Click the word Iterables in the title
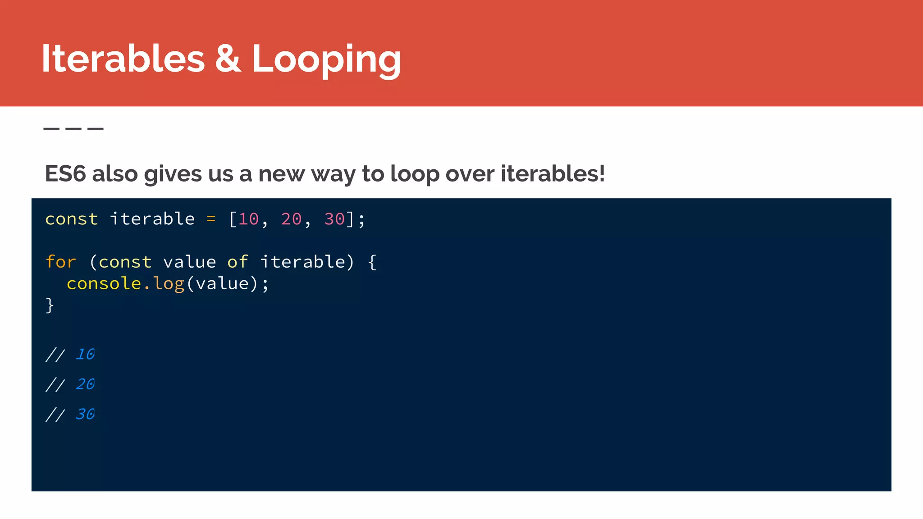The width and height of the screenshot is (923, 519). click(x=123, y=59)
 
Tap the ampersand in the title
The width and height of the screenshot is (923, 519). click(x=228, y=59)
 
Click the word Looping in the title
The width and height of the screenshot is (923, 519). click(x=326, y=59)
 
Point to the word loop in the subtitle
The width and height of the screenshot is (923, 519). click(x=414, y=174)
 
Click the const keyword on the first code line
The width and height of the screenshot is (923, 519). click(x=71, y=219)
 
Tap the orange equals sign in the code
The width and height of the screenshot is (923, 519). click(x=211, y=219)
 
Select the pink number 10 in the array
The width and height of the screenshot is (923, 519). click(x=248, y=219)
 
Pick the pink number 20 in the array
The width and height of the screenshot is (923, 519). click(x=291, y=219)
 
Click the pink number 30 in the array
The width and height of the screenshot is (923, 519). click(x=334, y=219)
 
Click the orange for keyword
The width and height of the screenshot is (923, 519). click(x=61, y=262)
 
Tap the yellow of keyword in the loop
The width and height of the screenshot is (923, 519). click(x=238, y=262)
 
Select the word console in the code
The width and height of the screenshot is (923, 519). click(x=104, y=283)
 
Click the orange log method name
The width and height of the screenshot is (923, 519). click(x=169, y=284)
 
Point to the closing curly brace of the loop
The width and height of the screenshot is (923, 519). click(x=50, y=305)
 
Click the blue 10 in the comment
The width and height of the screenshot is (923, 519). click(x=85, y=354)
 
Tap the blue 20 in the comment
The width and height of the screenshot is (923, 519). click(x=85, y=384)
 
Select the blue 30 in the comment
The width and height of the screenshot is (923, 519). click(x=85, y=414)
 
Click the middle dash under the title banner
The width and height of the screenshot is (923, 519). click(x=73, y=129)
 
